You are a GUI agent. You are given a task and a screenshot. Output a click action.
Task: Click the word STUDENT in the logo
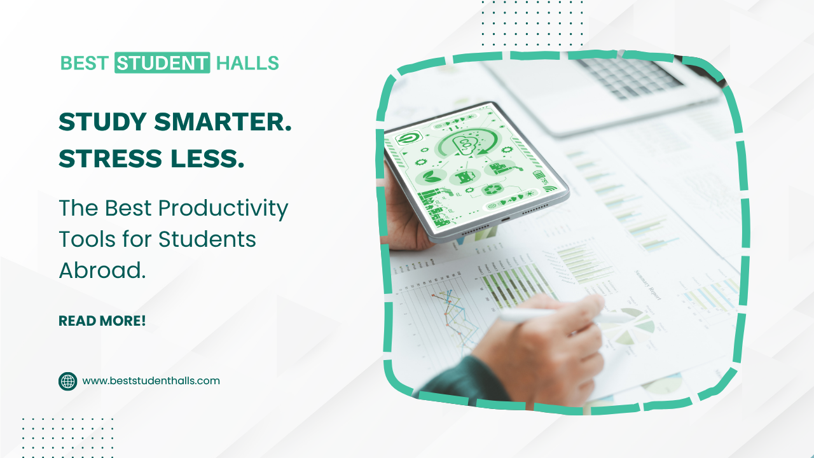[162, 63]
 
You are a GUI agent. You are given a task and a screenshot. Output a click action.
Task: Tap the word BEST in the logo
[85, 63]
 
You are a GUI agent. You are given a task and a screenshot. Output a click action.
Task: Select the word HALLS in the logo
[247, 63]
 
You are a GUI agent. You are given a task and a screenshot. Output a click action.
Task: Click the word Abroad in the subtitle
[102, 270]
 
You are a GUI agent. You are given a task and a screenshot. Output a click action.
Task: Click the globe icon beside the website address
[67, 381]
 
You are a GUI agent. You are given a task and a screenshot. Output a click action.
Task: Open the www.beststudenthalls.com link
[151, 381]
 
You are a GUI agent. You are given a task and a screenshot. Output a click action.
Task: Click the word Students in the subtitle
[207, 239]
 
